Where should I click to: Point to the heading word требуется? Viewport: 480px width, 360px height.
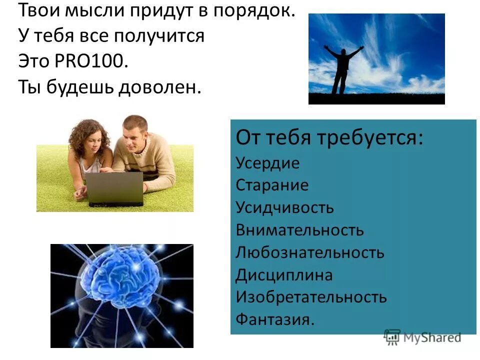369,138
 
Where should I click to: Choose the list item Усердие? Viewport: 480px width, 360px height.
267,163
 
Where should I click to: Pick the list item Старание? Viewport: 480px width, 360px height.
272,185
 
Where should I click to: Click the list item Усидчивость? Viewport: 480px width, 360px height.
284,207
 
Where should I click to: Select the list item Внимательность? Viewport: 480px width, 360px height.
299,230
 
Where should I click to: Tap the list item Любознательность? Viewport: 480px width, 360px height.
310,252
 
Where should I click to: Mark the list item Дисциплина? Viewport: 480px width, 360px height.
284,275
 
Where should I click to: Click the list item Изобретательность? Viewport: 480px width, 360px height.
311,297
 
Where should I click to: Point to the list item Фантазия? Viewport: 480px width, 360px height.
275,319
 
